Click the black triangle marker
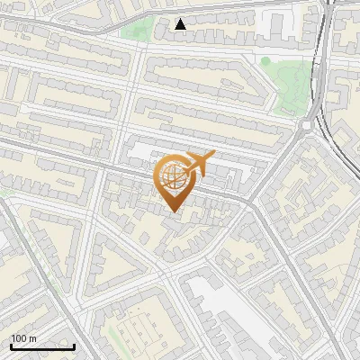click(x=181, y=24)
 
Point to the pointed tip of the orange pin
click(x=173, y=211)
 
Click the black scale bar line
click(x=42, y=347)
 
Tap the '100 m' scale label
click(x=23, y=338)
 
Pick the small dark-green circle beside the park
click(x=265, y=61)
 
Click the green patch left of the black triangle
click(x=137, y=29)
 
